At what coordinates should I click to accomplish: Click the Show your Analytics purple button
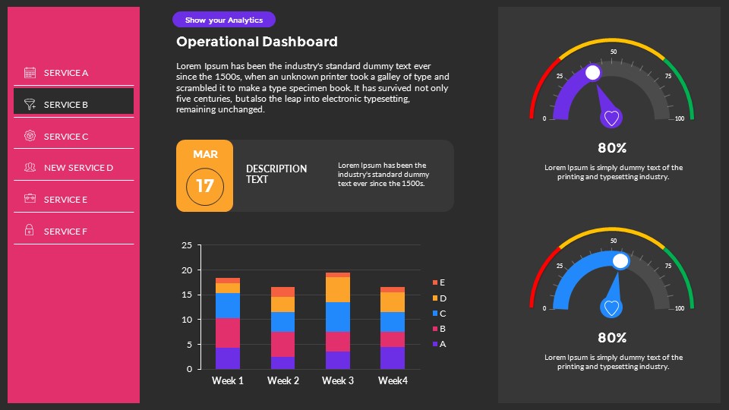tap(224, 20)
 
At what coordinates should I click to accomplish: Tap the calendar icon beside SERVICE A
tap(30, 73)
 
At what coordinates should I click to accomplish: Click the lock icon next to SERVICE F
tap(30, 231)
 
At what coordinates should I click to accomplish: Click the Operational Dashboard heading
tap(257, 42)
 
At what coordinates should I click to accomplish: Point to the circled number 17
tap(205, 185)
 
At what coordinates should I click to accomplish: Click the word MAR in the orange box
tap(205, 154)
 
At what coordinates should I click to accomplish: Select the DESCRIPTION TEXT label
tap(276, 174)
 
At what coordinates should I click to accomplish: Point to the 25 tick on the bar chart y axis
tap(187, 245)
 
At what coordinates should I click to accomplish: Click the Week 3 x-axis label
tap(337, 380)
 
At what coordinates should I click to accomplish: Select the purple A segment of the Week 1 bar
tap(228, 358)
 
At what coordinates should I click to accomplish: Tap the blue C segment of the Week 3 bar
tap(337, 317)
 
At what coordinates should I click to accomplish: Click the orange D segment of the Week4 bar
tap(393, 302)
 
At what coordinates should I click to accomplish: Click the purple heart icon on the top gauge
tap(612, 118)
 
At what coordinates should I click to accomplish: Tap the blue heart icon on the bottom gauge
tap(611, 307)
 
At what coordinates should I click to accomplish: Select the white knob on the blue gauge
tap(620, 261)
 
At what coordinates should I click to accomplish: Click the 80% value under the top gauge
tap(612, 148)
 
